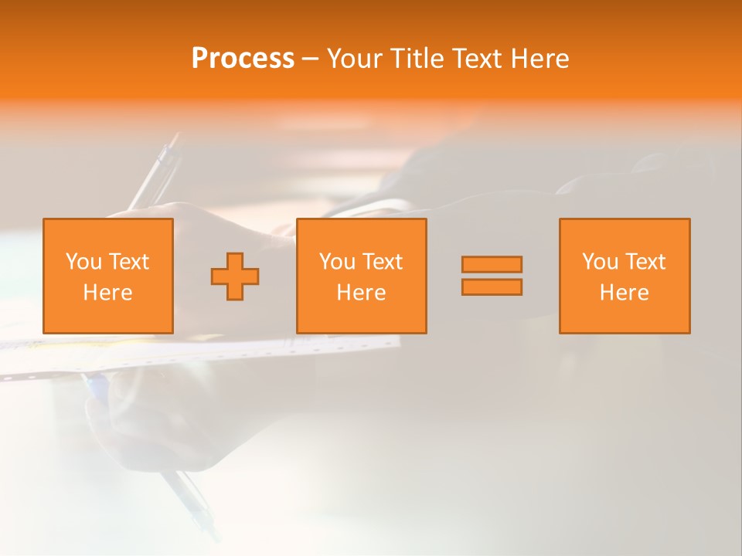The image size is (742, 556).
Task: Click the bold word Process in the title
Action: click(x=243, y=59)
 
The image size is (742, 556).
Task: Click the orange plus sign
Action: click(x=235, y=276)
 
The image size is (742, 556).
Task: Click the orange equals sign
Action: click(x=492, y=276)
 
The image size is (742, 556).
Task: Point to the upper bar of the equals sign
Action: click(x=492, y=265)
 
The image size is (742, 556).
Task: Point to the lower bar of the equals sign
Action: click(x=492, y=286)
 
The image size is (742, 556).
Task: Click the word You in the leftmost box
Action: click(x=83, y=262)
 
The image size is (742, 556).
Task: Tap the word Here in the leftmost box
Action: click(x=108, y=293)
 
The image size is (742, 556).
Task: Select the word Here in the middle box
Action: click(x=362, y=293)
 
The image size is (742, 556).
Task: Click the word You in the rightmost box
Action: click(x=600, y=262)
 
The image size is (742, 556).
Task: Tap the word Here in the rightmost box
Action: click(x=625, y=293)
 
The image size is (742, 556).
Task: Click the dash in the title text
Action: click(x=310, y=59)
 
